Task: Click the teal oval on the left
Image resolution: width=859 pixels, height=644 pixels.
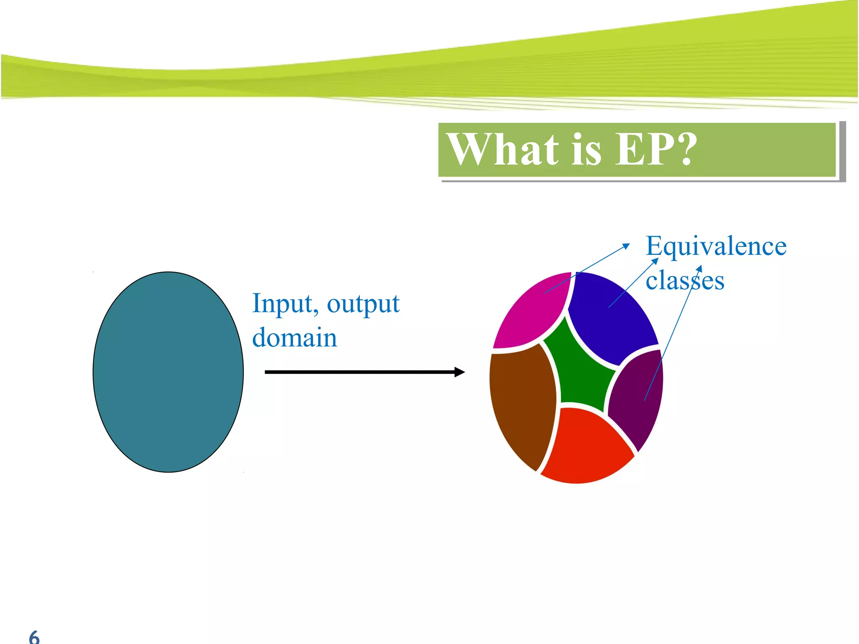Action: tap(168, 372)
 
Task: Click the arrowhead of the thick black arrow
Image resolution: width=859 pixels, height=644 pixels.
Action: tap(460, 372)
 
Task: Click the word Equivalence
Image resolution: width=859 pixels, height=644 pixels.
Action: tap(716, 246)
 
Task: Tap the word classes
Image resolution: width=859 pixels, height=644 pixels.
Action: tap(685, 280)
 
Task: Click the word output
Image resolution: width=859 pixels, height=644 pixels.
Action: tap(363, 304)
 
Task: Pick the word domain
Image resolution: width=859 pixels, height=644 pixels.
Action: tap(294, 338)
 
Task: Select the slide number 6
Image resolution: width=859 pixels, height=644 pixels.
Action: tap(34, 637)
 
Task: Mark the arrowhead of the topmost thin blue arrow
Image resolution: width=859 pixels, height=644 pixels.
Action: tap(627, 245)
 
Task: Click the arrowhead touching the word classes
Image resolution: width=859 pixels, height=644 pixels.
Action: tap(700, 268)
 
